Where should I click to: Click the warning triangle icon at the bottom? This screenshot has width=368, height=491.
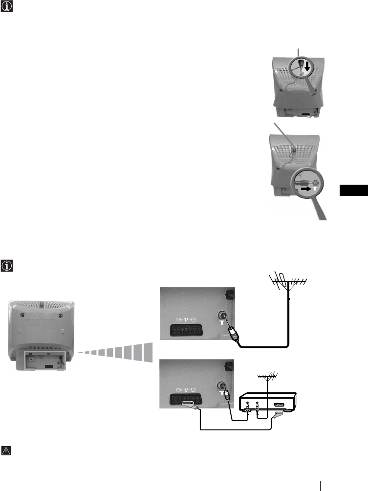[5, 450]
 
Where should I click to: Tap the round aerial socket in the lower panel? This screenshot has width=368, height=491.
[224, 385]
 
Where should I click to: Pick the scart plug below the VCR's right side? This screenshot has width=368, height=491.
[278, 414]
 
